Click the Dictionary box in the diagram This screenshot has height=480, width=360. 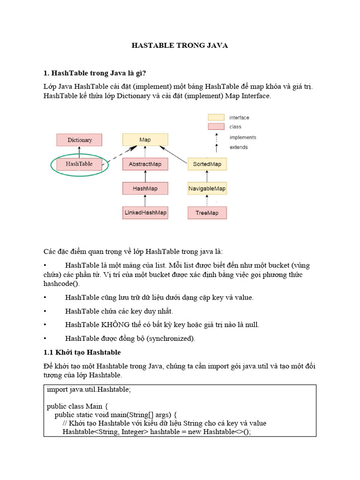(80, 140)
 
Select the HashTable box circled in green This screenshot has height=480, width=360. (79, 164)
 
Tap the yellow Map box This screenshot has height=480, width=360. (145, 140)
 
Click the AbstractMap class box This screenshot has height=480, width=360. (145, 164)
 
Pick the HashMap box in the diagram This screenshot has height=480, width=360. (145, 188)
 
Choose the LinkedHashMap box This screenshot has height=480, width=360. (145, 213)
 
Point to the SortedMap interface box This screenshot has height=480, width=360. (207, 164)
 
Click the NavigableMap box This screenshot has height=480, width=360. (207, 188)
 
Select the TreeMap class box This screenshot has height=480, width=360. (207, 213)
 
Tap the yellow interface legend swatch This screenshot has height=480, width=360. (216, 117)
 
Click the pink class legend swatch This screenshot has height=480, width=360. (216, 127)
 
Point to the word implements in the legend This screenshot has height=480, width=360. (243, 137)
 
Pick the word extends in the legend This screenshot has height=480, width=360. (239, 147)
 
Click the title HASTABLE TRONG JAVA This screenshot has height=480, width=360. (180, 45)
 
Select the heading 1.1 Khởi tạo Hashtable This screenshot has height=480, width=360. (82, 352)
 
